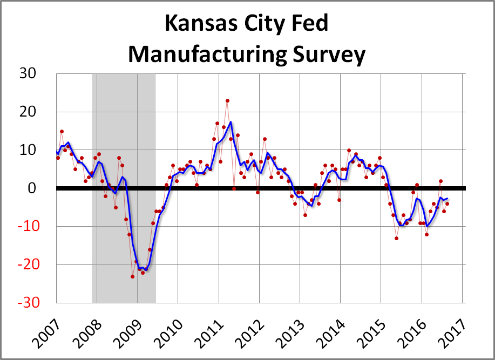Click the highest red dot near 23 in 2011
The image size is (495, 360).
click(x=227, y=101)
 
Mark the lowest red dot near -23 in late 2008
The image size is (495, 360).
click(x=132, y=276)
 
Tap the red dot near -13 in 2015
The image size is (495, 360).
click(x=396, y=238)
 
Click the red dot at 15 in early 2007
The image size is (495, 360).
click(x=62, y=131)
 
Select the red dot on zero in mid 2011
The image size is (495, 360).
click(x=234, y=188)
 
